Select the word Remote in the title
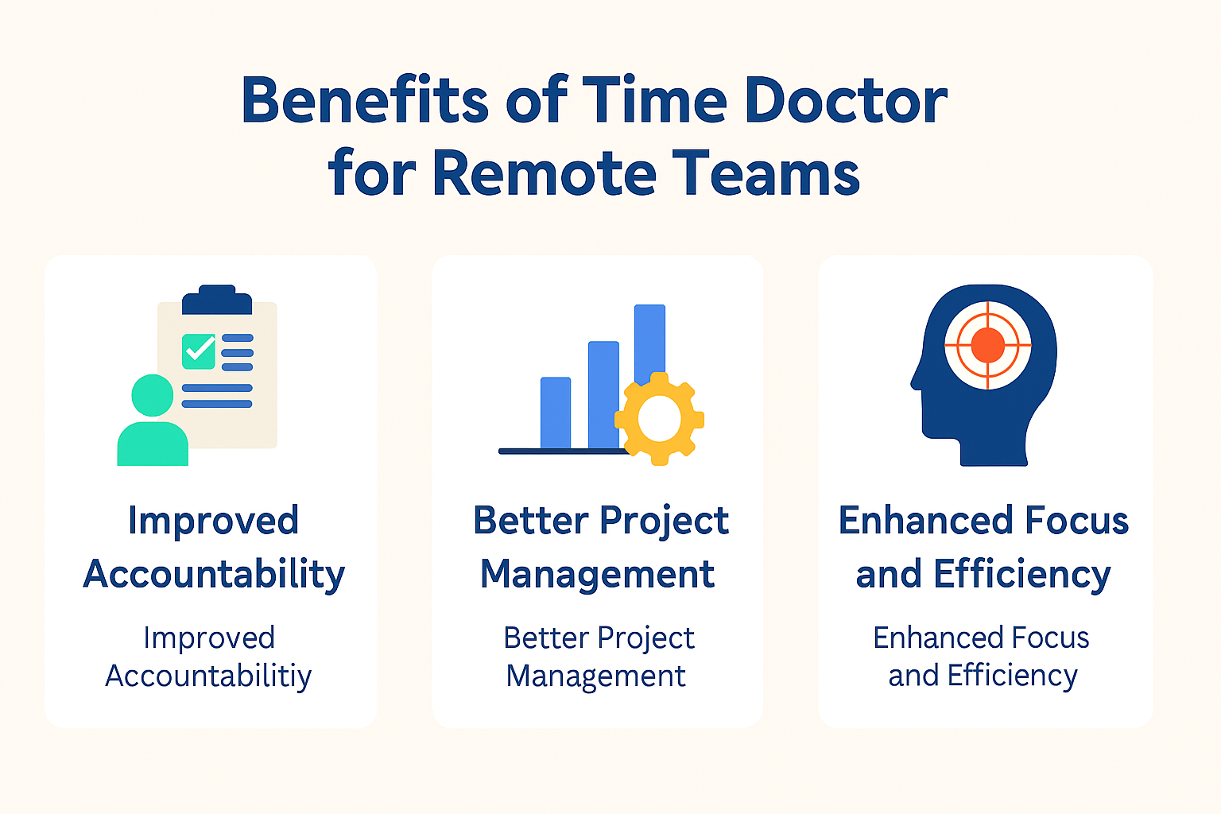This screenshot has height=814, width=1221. coord(545,173)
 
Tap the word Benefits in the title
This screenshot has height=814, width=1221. coord(365,101)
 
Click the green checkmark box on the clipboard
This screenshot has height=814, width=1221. coord(199,351)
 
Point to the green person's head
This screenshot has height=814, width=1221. coord(152,395)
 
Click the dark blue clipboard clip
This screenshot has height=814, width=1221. coord(217,300)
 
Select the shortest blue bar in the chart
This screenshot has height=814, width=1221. coord(556,413)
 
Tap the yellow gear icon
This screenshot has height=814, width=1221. coord(659,418)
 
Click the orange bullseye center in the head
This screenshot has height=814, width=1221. coord(988,345)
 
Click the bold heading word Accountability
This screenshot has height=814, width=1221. coord(214,575)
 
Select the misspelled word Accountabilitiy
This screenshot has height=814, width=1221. coord(208,676)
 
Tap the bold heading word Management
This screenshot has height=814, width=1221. coord(597,575)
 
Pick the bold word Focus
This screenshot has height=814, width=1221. coord(1077,521)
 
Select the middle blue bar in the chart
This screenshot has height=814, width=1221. coord(603,394)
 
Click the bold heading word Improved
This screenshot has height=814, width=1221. coord(213,521)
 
